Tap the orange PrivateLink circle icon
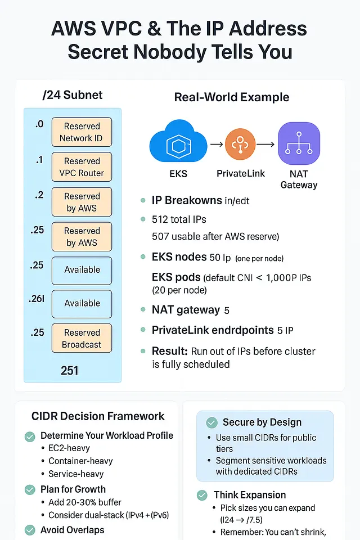pyautogui.click(x=240, y=145)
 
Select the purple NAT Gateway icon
pyautogui.click(x=299, y=144)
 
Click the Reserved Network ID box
pyautogui.click(x=82, y=132)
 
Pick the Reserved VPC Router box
pyautogui.click(x=82, y=167)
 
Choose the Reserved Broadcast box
pyautogui.click(x=82, y=338)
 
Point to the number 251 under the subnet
pyautogui.click(x=70, y=370)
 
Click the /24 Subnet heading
pyautogui.click(x=73, y=94)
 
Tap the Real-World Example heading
pyautogui.click(x=232, y=97)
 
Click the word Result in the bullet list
pyautogui.click(x=169, y=351)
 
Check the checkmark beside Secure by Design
pyautogui.click(x=212, y=422)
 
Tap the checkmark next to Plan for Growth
pyautogui.click(x=30, y=489)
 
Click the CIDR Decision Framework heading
pyautogui.click(x=98, y=416)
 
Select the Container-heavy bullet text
pyautogui.click(x=80, y=461)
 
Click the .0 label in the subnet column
pyautogui.click(x=39, y=124)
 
